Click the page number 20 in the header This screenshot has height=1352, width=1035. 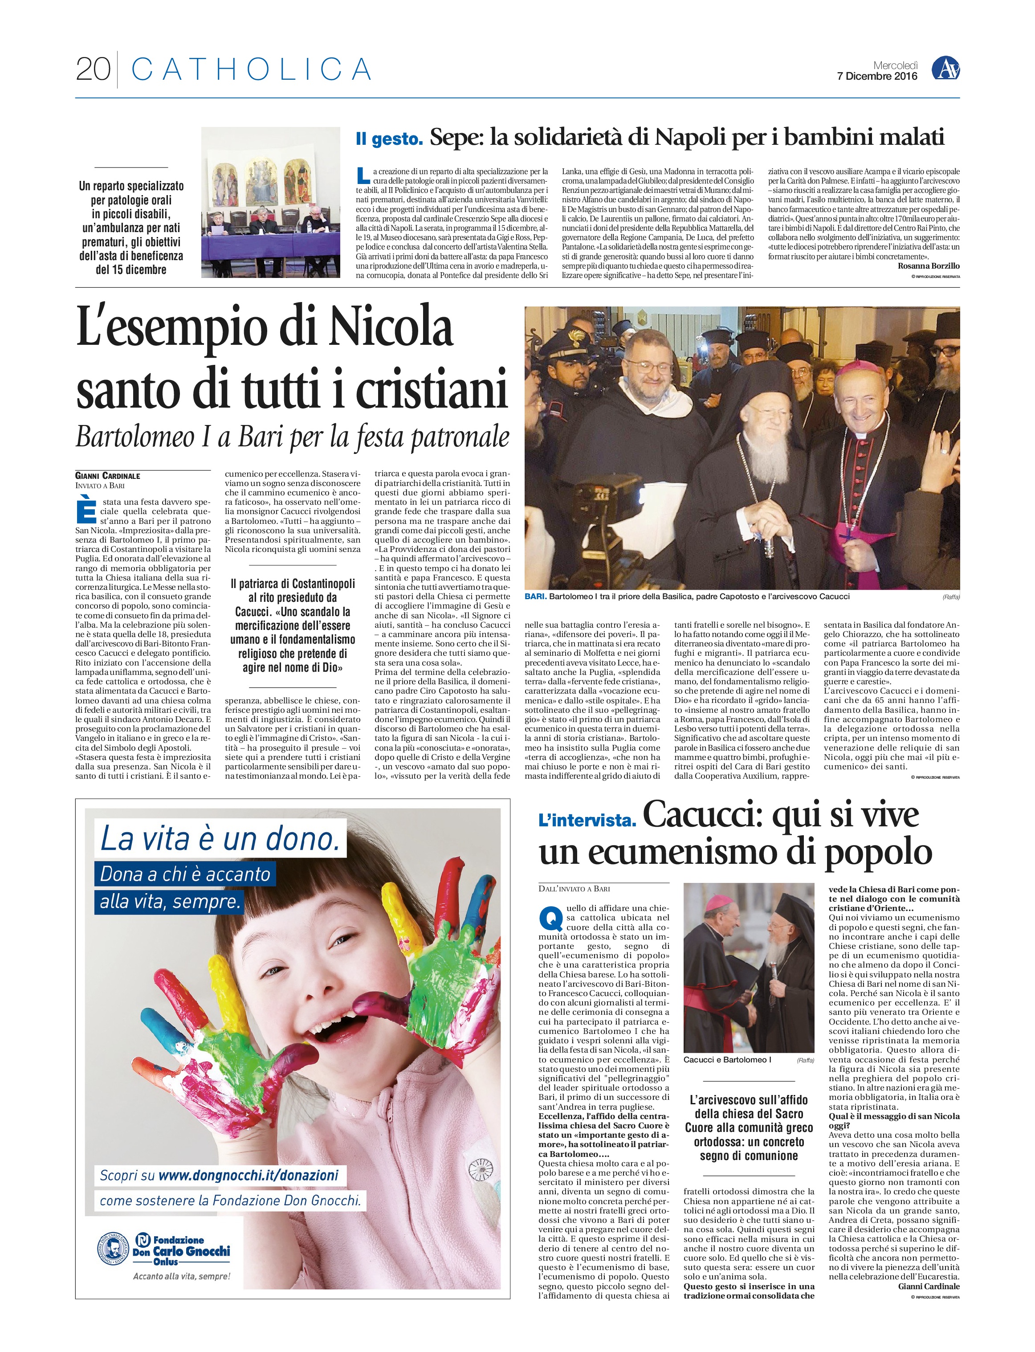93,69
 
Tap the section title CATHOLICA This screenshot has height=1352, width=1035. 251,69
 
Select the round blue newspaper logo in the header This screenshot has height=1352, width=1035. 945,69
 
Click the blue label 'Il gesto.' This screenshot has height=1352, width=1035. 389,139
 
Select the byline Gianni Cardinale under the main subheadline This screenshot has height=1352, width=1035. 108,476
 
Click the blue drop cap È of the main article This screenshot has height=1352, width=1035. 86,513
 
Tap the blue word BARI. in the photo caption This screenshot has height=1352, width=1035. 535,596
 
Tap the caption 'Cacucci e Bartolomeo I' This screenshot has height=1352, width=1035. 727,1059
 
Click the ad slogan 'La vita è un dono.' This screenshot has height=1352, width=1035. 220,839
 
